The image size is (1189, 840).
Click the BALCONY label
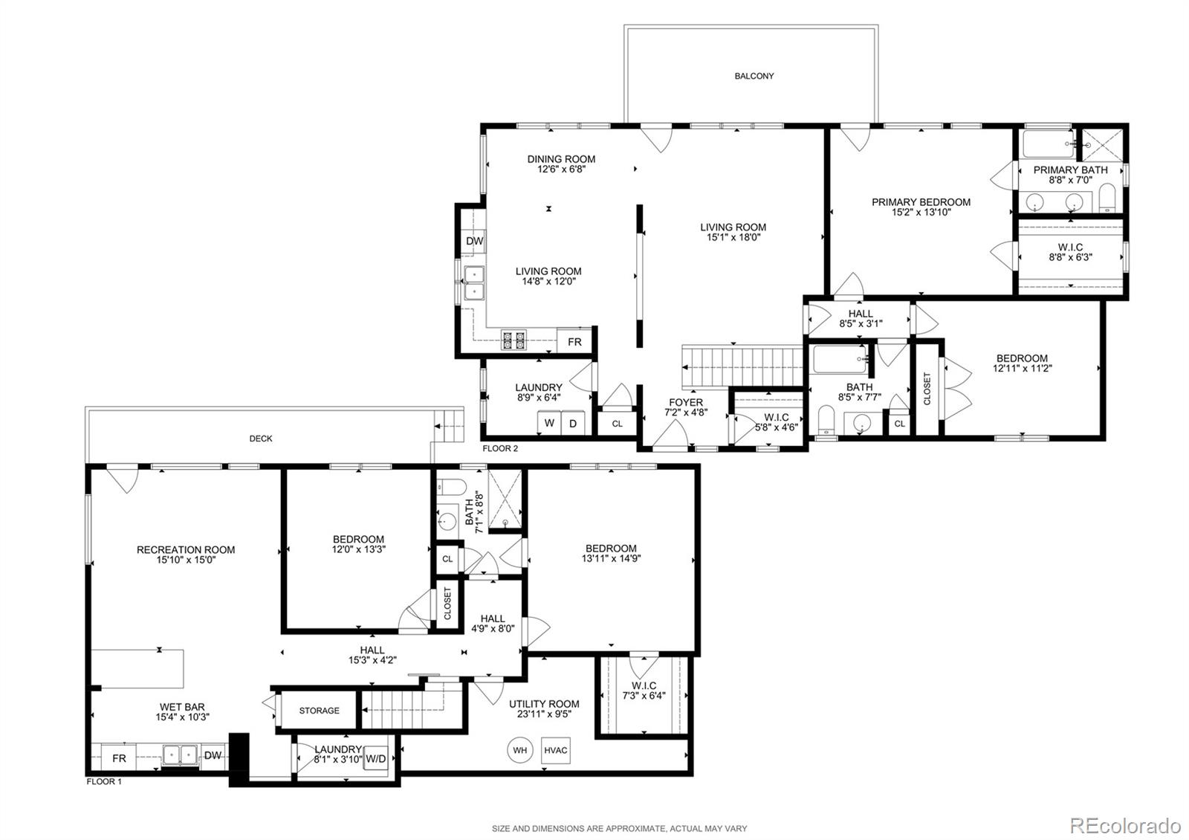[x=754, y=76]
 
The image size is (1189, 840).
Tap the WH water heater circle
[x=519, y=750]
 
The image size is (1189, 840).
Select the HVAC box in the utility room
[x=555, y=750]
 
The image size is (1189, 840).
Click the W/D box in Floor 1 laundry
[x=375, y=760]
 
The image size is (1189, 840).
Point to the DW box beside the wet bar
[x=213, y=756]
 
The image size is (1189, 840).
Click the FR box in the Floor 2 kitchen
[x=574, y=342]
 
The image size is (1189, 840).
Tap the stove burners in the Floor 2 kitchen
[x=513, y=340]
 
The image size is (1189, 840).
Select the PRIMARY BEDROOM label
[x=921, y=202]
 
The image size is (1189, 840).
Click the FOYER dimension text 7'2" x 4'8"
[x=686, y=412]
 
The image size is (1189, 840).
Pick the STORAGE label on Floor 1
[x=319, y=711]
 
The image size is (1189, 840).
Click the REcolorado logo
[x=1124, y=825]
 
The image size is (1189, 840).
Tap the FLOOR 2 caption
[x=500, y=448]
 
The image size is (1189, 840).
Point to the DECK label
[x=260, y=439]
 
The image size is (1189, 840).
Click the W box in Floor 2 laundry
[x=549, y=423]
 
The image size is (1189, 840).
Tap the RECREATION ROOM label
[x=186, y=550]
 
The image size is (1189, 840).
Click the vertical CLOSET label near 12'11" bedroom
[x=927, y=388]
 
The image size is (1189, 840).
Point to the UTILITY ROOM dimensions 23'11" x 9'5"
[x=544, y=714]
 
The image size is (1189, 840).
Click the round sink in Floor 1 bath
[x=447, y=519]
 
